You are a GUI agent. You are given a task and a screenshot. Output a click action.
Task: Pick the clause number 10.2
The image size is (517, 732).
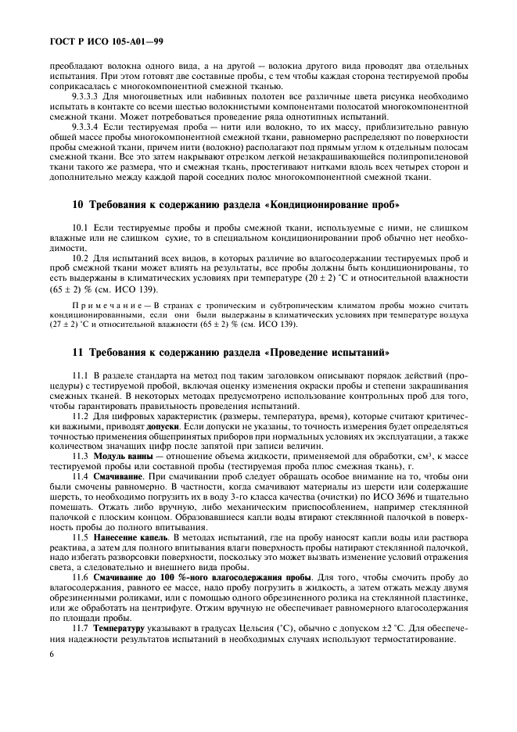[x=81, y=257]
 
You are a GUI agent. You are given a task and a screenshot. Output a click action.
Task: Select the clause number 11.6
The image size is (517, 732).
[x=81, y=578]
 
